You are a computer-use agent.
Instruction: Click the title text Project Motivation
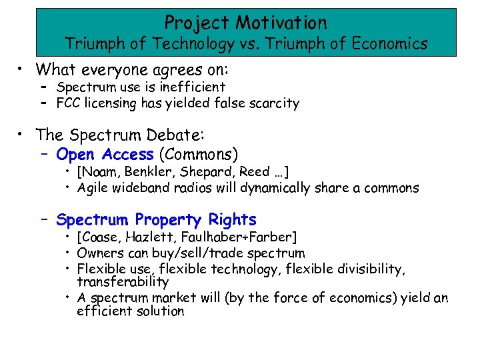coord(246,23)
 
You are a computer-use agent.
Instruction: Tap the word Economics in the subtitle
coord(389,44)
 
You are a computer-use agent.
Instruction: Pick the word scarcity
coord(273,103)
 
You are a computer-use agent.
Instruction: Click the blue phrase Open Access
coord(105,155)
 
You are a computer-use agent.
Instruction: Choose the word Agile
coord(93,188)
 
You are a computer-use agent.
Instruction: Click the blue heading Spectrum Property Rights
coord(156,219)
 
